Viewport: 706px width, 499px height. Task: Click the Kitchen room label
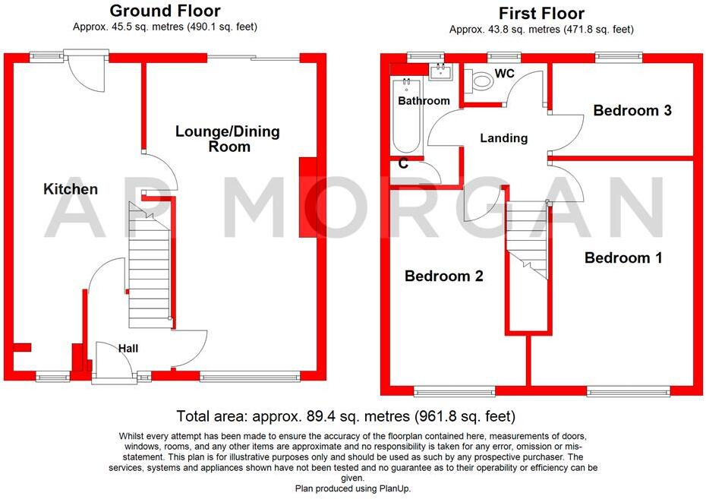coord(70,189)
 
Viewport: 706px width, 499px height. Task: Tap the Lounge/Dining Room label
coord(228,138)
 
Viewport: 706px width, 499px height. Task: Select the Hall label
coord(128,348)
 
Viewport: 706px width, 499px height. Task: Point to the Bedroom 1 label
coord(623,258)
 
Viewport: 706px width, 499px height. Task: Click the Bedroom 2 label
coord(443,276)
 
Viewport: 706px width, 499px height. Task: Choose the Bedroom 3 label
coord(632,111)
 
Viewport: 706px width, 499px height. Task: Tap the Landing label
coord(504,138)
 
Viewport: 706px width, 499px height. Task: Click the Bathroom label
coord(424,100)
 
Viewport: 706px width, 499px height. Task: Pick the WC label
coord(506,74)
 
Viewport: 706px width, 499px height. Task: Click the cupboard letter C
coord(403,163)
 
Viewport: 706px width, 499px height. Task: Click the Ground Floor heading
coord(165,11)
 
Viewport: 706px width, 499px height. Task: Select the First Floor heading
coord(541,13)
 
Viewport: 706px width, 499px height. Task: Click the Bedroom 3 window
coord(619,56)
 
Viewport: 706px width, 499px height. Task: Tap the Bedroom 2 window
coord(454,391)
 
